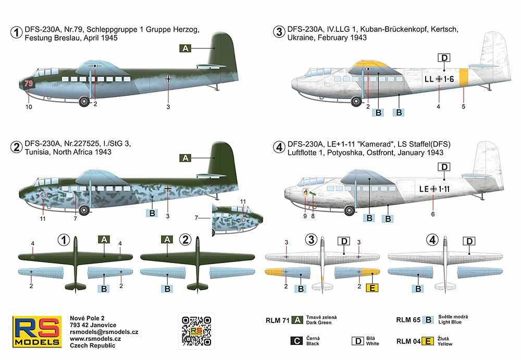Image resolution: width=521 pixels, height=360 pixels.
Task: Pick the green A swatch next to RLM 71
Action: click(297, 320)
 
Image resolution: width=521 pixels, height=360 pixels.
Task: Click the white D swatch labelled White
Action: click(357, 341)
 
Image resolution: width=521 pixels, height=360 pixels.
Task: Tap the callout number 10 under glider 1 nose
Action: click(28, 107)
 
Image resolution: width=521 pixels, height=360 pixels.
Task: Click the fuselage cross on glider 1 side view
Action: click(169, 79)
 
